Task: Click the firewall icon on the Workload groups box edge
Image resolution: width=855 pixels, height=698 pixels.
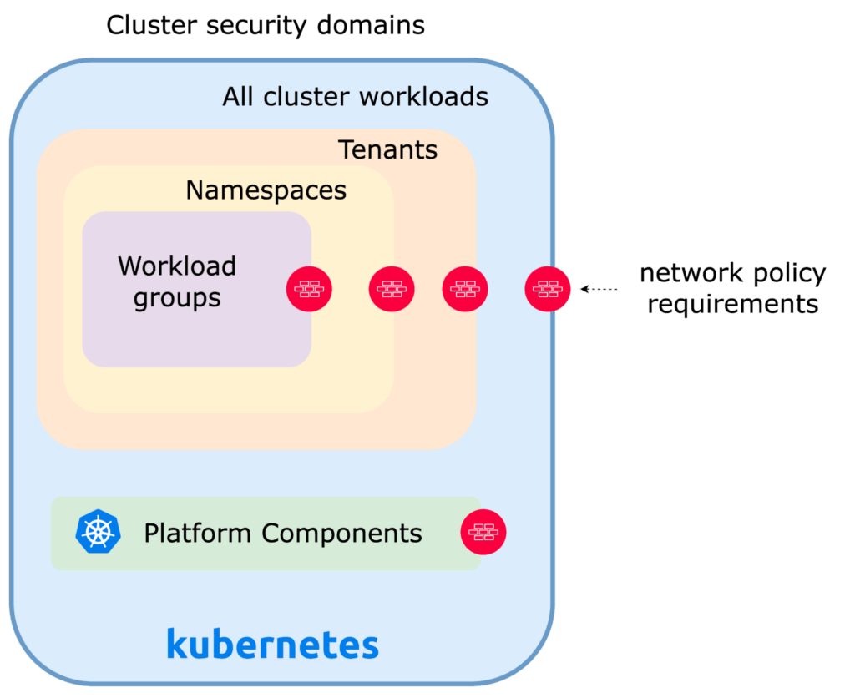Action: coord(309,289)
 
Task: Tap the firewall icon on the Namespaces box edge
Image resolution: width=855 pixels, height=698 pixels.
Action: coord(392,289)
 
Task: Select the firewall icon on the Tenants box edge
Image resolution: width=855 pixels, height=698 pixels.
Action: coord(465,289)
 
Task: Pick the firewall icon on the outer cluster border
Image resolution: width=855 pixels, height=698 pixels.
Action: coord(548,289)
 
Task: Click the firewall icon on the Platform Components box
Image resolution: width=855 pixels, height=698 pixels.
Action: coord(483,532)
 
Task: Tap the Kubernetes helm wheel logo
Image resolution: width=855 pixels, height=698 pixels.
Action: coord(98,532)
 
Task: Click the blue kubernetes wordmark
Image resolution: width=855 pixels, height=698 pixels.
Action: coord(272,645)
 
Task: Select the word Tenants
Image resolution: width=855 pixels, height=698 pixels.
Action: coord(387,149)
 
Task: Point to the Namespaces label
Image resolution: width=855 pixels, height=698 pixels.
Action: coord(266,190)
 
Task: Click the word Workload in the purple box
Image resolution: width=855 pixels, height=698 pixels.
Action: coord(177,266)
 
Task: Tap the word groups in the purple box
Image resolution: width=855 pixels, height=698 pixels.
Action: coord(177,298)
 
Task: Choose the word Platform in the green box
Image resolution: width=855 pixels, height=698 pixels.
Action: coord(198,533)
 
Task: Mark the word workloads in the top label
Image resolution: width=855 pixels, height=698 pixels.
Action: coord(422,97)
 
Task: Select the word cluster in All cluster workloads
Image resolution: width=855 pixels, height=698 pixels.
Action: coord(307,97)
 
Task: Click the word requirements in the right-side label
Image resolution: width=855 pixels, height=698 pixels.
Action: coord(733,304)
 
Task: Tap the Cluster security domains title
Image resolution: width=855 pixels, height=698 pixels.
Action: coord(265,25)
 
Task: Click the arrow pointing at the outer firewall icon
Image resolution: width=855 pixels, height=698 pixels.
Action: coord(598,289)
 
